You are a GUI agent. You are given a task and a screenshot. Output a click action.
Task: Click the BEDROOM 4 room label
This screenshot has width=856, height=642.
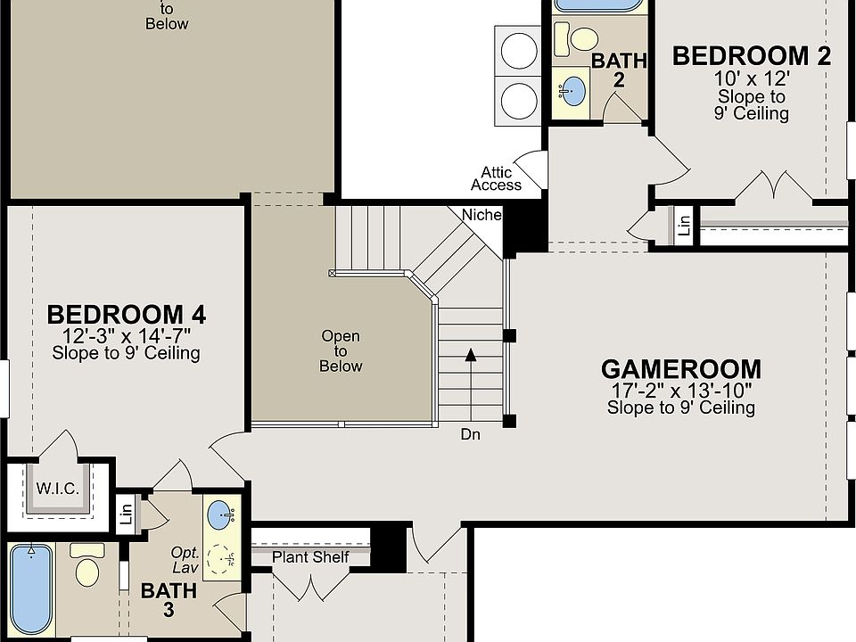[126, 315]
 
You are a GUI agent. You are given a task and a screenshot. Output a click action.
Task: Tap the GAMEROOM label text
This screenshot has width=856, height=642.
[680, 369]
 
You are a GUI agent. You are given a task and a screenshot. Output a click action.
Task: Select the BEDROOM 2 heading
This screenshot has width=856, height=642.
[752, 56]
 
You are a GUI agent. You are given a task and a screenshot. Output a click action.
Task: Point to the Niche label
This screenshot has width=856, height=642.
[481, 215]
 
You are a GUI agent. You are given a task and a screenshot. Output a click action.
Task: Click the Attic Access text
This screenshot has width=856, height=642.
[497, 178]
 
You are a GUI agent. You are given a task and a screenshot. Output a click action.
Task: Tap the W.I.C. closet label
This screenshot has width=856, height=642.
[58, 489]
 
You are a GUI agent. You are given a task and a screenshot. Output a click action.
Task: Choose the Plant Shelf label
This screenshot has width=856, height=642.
[310, 557]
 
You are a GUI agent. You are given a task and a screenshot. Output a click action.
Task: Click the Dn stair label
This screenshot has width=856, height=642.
[471, 434]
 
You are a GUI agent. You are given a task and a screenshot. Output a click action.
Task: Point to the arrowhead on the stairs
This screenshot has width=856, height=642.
[471, 356]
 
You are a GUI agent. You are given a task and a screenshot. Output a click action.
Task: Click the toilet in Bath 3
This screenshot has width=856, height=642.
[87, 565]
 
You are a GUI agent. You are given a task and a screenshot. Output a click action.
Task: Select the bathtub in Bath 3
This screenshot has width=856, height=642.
[31, 589]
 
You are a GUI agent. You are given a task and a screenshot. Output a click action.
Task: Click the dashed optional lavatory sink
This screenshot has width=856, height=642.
[222, 560]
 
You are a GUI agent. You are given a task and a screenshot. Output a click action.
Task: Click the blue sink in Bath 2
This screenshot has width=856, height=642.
[572, 91]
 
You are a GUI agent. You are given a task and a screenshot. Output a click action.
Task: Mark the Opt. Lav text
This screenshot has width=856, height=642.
[185, 560]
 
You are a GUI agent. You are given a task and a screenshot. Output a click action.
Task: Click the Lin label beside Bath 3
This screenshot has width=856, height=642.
[127, 514]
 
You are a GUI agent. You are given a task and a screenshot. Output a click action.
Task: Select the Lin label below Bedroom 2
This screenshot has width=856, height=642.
[684, 226]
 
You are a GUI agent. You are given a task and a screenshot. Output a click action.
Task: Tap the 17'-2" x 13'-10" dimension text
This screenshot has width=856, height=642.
[680, 391]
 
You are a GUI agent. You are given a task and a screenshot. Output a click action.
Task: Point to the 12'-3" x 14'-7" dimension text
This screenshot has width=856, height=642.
[126, 336]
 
